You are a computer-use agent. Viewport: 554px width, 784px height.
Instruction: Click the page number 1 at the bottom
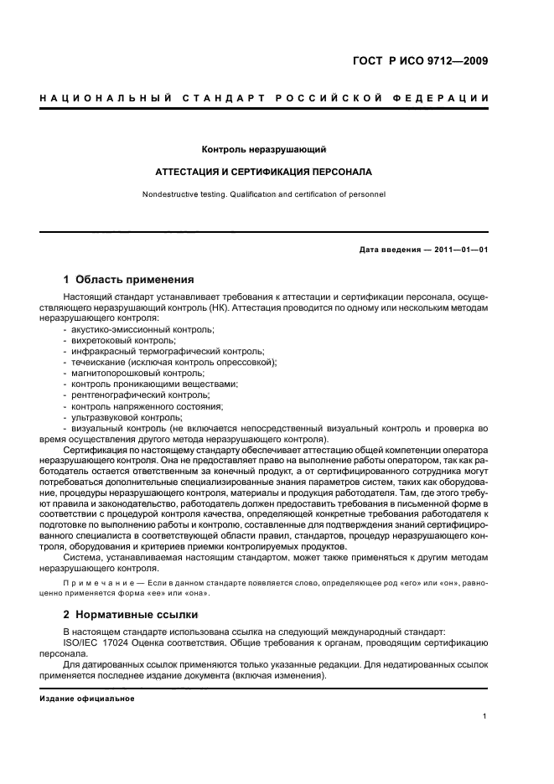[485, 716]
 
